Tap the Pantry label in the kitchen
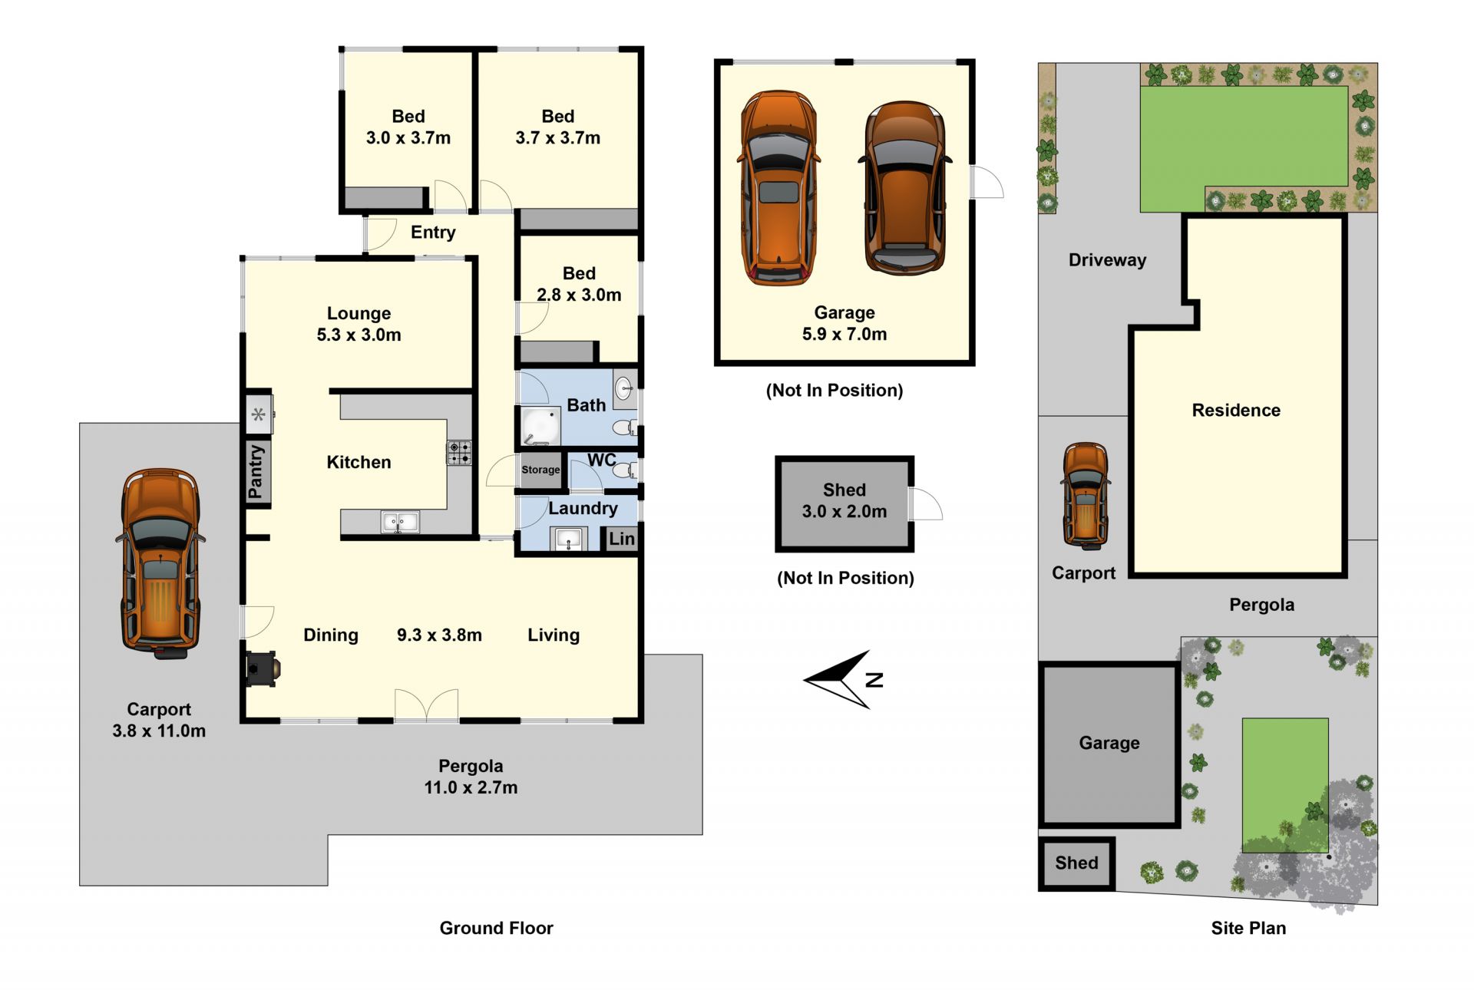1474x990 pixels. pos(256,472)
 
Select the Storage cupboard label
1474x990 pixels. pos(540,470)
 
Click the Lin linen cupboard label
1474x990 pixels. pos(622,539)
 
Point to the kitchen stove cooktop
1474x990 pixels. pos(459,453)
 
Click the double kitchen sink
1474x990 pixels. pos(400,523)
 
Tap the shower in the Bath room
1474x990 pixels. pos(540,427)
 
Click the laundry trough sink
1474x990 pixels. pos(569,539)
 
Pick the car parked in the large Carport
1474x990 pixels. pos(160,563)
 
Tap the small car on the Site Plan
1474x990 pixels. pos(1085,496)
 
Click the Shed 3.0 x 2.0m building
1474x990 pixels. pos(844,503)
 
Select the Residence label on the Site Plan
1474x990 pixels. pos(1236,410)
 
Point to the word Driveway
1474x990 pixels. pos(1107,260)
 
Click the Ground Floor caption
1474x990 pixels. pos(496,928)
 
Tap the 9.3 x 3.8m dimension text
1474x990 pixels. pos(439,635)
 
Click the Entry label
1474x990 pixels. pos(433,232)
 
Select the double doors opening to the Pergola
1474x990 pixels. pos(426,705)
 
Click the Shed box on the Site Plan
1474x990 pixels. pos(1076,863)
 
